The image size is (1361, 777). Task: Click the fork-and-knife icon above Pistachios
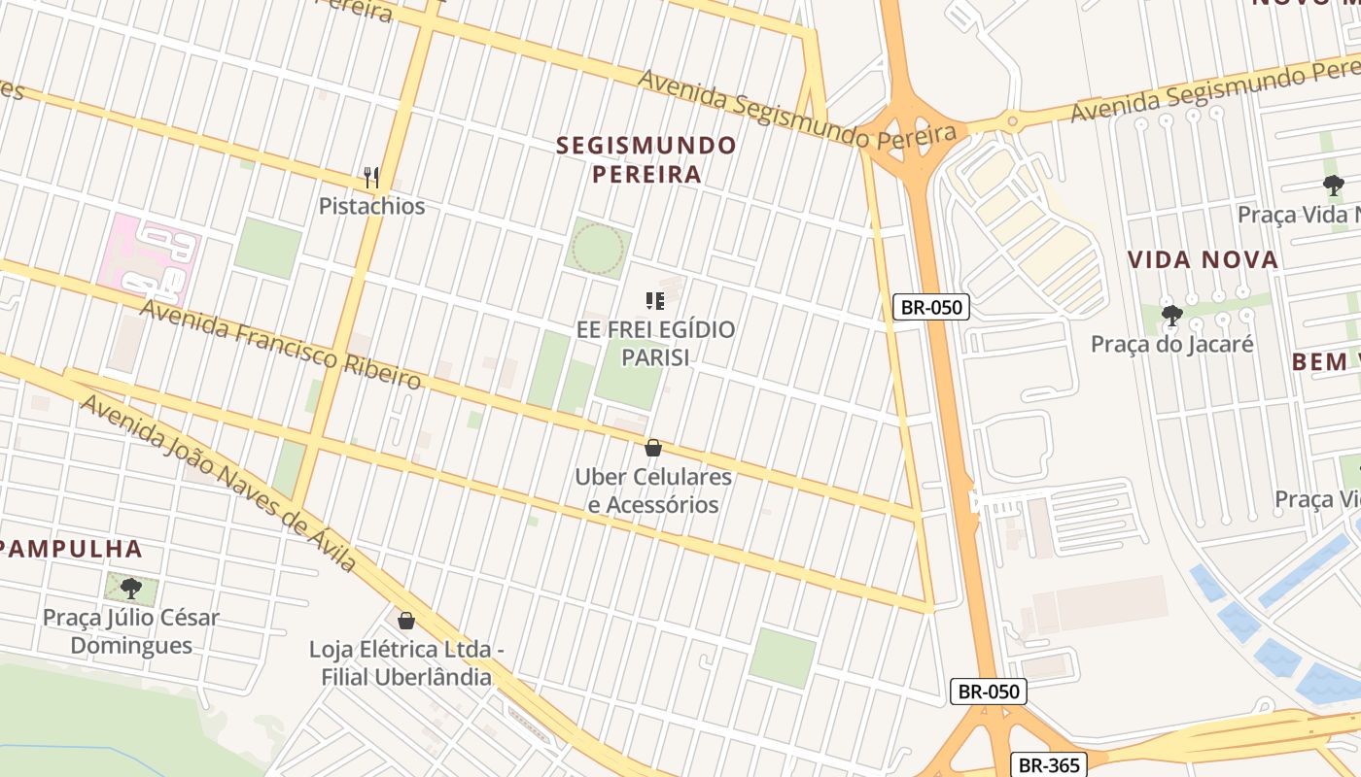[370, 177]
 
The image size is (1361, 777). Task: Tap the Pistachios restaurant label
[372, 206]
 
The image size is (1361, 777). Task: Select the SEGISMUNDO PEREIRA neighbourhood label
[646, 160]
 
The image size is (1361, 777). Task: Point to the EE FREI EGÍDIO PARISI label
[655, 343]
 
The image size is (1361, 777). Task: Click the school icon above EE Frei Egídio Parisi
[655, 301]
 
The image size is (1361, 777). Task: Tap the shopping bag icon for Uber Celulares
[653, 448]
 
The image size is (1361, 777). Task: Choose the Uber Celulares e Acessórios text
[653, 490]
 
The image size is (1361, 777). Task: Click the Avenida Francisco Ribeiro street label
[281, 345]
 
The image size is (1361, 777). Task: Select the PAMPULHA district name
[71, 549]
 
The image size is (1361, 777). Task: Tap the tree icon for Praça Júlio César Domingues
[130, 589]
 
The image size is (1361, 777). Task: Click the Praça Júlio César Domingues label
[131, 631]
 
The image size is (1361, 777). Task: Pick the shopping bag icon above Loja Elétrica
[406, 620]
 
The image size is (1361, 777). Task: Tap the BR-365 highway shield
[1048, 765]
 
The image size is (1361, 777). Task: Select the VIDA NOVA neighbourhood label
[1203, 259]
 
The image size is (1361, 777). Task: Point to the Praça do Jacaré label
[1172, 344]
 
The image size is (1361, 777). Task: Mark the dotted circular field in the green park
[598, 249]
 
